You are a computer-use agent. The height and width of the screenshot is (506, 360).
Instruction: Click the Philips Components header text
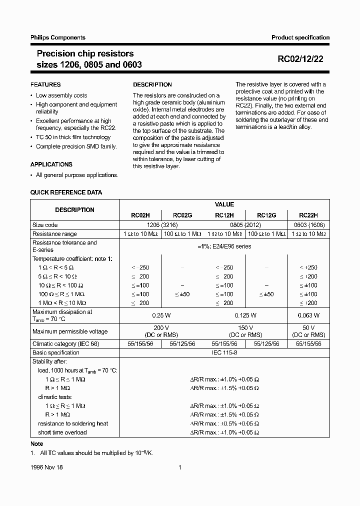pos(58,37)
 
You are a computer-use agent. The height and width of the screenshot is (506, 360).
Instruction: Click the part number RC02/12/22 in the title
pos(300,58)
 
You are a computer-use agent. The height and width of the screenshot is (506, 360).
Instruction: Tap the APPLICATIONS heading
pos(51,164)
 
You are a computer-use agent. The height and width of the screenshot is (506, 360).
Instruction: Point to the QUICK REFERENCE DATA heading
pos(66,192)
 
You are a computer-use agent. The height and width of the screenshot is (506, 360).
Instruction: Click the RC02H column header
pos(140,215)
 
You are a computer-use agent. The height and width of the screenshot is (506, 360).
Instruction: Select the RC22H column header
pos(308,215)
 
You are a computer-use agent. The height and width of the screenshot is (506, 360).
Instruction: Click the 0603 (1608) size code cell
pos(308,225)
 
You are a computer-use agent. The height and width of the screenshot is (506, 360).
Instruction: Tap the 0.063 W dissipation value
pos(308,315)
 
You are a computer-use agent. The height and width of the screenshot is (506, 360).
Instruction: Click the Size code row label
pos(45,225)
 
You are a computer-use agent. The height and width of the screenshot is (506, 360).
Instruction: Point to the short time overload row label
pos(62,432)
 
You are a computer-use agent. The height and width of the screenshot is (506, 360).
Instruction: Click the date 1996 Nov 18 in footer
pos(46,467)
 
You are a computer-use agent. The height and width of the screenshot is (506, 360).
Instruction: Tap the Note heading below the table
pos(37,444)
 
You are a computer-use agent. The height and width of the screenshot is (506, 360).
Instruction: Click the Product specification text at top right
pos(300,37)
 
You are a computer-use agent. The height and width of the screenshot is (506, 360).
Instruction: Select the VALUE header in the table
pos(224,204)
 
